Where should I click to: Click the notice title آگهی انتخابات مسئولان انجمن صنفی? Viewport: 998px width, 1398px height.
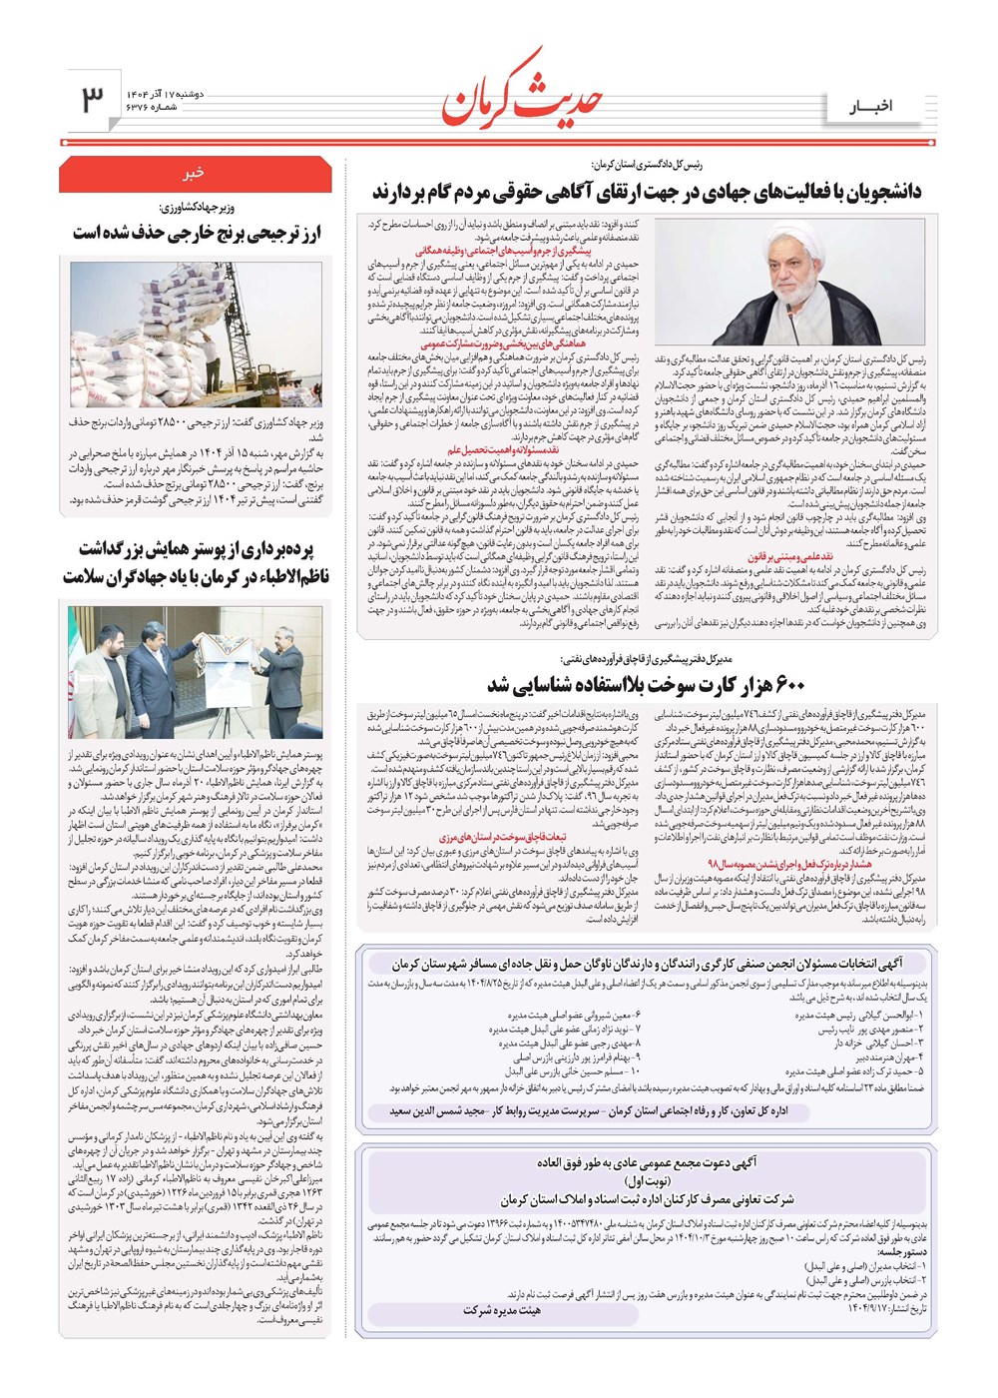coord(647,965)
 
